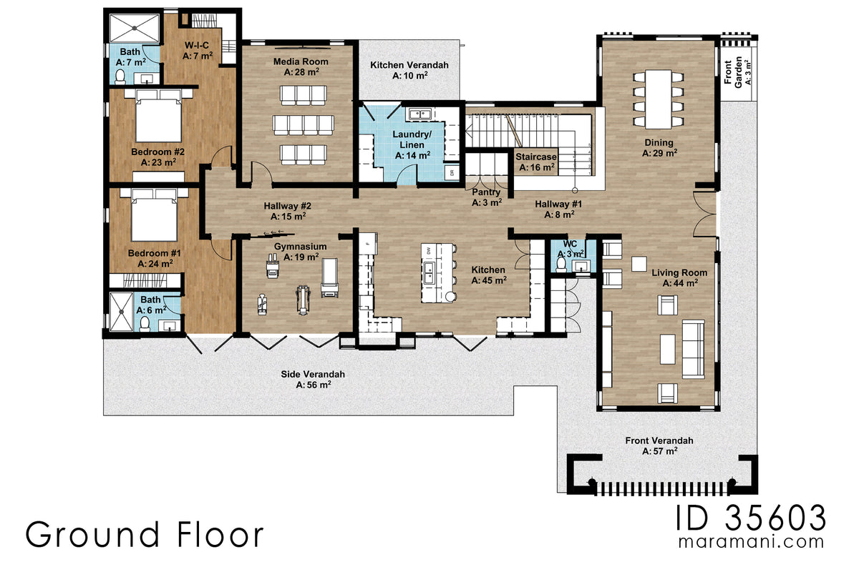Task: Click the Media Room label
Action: [296, 62]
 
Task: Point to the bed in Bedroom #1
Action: [155, 216]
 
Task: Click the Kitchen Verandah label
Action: [409, 65]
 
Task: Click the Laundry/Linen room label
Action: [412, 139]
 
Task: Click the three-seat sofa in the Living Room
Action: [692, 349]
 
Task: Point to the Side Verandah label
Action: [314, 374]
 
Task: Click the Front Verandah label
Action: [659, 441]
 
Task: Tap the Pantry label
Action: [486, 192]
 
